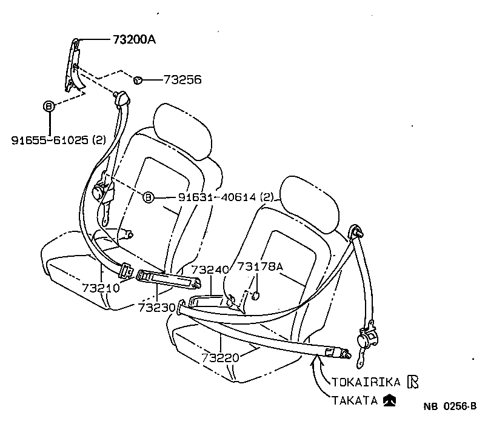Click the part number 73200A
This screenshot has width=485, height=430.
(134, 40)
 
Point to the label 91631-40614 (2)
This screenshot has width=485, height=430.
(226, 197)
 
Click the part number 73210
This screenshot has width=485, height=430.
(100, 288)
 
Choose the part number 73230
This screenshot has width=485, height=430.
(156, 308)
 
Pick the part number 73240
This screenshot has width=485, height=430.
(210, 269)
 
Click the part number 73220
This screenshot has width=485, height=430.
(221, 357)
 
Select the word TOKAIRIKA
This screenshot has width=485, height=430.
(366, 382)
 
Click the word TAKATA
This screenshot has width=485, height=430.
(355, 400)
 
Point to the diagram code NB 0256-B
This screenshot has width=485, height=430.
(450, 407)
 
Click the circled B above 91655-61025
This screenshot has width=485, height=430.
(48, 106)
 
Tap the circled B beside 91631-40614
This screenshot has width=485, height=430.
(149, 197)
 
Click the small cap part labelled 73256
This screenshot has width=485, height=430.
(138, 79)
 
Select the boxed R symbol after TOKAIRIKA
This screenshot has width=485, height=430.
(413, 381)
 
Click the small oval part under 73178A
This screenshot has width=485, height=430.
(255, 296)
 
